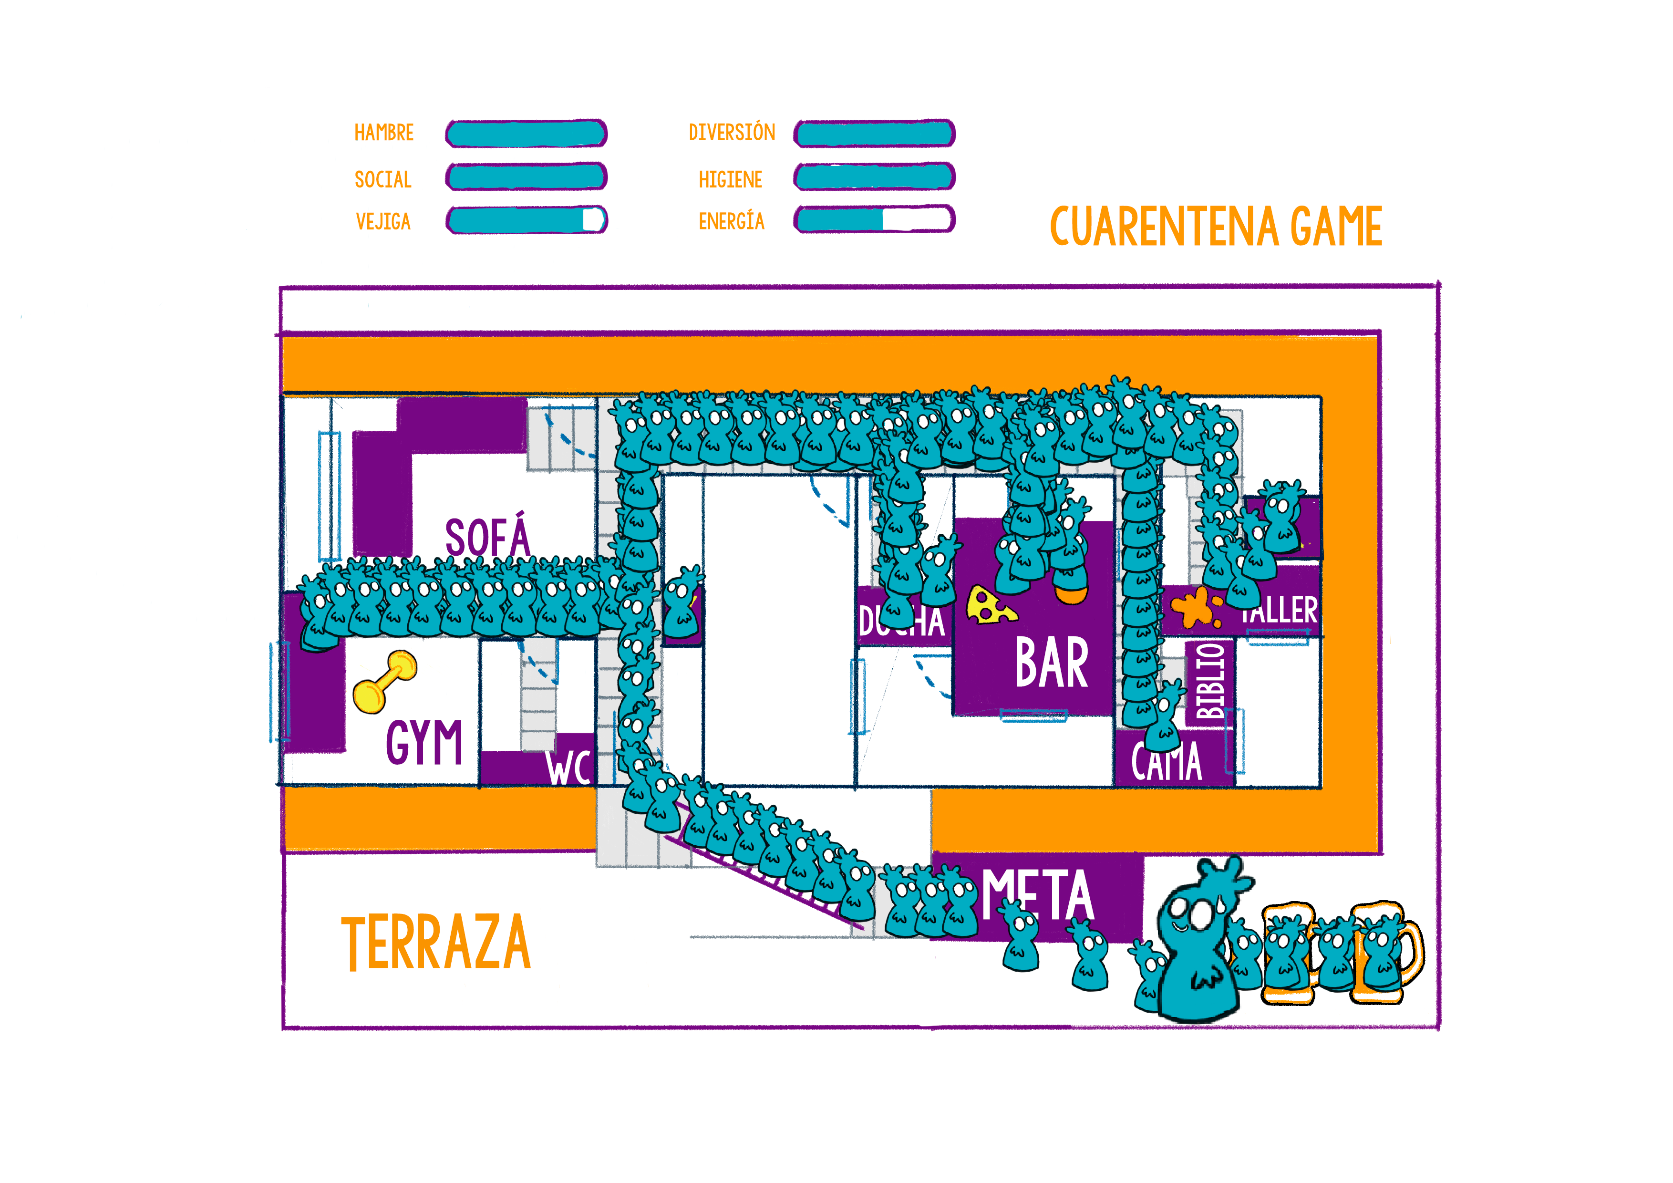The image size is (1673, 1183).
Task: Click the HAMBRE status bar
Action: [x=526, y=134]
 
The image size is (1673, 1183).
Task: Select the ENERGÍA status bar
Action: [x=874, y=218]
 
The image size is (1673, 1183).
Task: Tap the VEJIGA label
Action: [x=383, y=222]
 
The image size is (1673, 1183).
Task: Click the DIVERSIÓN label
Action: [x=732, y=133]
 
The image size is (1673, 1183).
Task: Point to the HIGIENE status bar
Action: [x=874, y=176]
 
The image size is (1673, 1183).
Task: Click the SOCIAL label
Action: [x=383, y=179]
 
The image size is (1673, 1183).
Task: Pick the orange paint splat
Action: [x=1196, y=608]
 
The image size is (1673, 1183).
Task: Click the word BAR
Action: [x=1052, y=664]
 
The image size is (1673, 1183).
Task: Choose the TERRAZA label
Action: [x=436, y=943]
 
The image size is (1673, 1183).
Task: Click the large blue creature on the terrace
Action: [x=1195, y=947]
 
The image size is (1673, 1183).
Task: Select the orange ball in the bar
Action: [x=1071, y=594]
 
